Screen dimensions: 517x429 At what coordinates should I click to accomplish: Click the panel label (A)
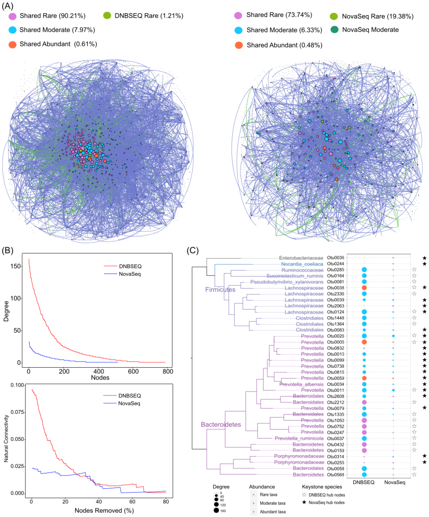click(8, 6)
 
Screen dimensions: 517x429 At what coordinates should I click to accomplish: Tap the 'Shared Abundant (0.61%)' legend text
click(58, 44)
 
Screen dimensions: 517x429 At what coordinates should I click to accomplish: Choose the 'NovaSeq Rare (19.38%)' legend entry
click(377, 16)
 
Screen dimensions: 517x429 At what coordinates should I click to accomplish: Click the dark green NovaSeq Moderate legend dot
click(334, 30)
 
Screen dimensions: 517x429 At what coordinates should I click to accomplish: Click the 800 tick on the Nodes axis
click(168, 371)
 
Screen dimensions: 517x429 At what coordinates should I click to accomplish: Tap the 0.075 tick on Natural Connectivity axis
click(17, 412)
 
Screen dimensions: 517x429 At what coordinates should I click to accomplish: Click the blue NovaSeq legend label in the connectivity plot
click(129, 403)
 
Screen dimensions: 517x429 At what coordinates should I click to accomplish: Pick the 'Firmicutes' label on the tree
click(220, 290)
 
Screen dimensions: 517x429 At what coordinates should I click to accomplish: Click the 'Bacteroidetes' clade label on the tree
click(221, 424)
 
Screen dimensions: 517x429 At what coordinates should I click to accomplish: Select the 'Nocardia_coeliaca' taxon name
click(302, 264)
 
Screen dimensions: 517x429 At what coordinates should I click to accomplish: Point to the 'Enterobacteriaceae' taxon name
click(301, 258)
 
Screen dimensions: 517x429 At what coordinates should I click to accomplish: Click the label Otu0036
click(336, 258)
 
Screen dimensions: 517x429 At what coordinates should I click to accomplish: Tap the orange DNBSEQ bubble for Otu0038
click(364, 288)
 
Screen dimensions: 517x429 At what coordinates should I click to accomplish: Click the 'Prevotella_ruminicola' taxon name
click(299, 439)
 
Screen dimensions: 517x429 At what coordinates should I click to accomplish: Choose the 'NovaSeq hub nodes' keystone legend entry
click(327, 503)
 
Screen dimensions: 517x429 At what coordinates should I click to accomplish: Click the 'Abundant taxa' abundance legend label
click(272, 512)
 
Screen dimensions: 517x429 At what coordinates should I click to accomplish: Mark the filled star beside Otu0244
click(424, 264)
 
